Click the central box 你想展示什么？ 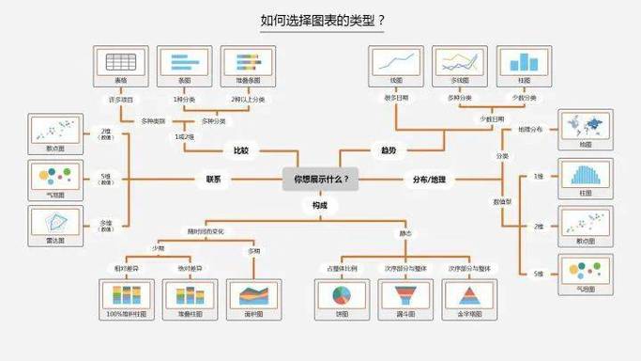(320, 178)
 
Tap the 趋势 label (389, 150)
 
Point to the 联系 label (213, 178)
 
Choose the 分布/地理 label (430, 178)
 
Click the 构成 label (320, 204)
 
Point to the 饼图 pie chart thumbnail (341, 295)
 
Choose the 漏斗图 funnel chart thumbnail (405, 295)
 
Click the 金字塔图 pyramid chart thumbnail (469, 295)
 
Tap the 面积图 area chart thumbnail (253, 295)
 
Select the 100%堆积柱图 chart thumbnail (123, 295)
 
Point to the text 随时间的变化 (206, 230)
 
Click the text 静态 (404, 230)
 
